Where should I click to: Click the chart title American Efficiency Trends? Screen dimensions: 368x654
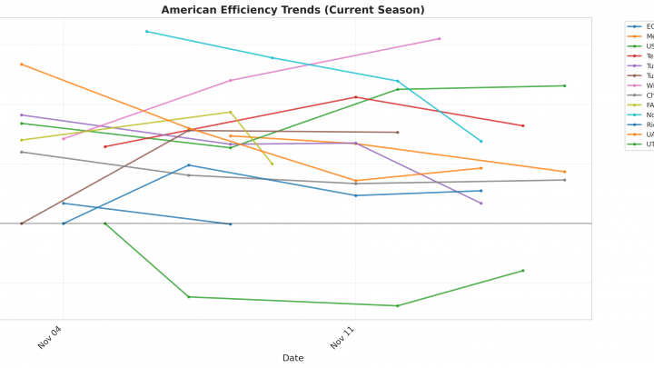(x=292, y=10)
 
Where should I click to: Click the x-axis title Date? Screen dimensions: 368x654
(x=292, y=358)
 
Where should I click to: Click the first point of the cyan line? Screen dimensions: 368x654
(x=147, y=32)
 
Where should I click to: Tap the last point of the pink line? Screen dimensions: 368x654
(x=440, y=39)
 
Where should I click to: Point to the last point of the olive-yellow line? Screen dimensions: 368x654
(x=272, y=164)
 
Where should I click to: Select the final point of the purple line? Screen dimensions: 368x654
(x=481, y=204)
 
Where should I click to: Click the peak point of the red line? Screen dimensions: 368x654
(x=356, y=97)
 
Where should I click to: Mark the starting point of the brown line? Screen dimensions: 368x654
(x=22, y=224)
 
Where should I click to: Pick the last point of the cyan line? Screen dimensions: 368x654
(x=481, y=142)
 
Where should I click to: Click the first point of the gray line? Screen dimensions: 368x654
(x=22, y=152)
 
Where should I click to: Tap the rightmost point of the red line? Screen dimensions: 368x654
(x=523, y=126)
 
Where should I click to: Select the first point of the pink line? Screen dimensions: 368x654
(x=64, y=139)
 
